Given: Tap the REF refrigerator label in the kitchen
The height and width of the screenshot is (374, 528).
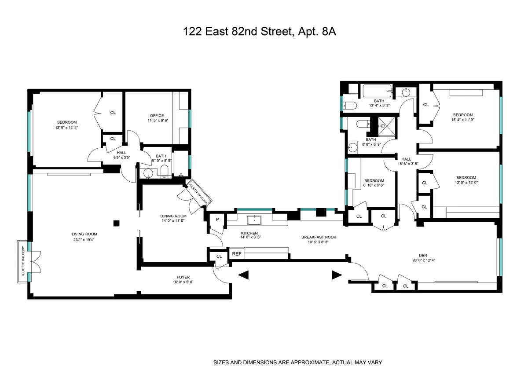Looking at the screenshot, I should pos(237,253).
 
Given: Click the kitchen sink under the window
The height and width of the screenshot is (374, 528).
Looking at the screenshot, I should pos(254,218).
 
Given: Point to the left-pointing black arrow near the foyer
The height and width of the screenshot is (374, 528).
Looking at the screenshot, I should pos(243,275).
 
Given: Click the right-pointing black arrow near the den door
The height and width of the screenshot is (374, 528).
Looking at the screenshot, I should pos(337,275).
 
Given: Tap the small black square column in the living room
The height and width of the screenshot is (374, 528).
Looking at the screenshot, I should pos(117,223).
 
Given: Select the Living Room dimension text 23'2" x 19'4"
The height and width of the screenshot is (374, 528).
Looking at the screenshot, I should pos(84,240).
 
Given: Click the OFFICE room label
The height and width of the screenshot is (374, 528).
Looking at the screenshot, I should pos(157,116).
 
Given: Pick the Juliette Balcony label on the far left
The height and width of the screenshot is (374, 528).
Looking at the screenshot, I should pos(22,260).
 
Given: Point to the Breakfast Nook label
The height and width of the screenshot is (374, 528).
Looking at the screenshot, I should pos(319,237).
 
